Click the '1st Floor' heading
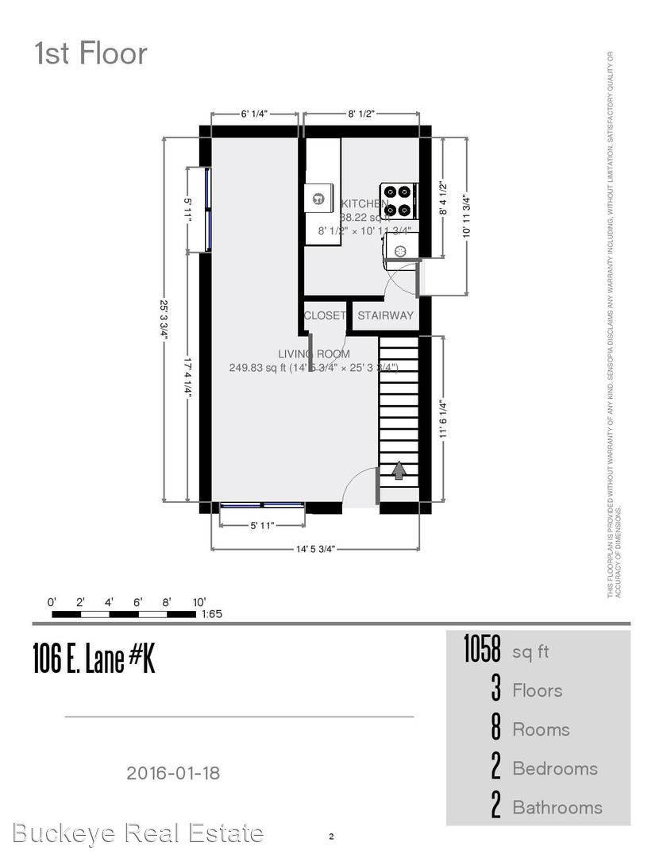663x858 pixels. click(x=91, y=54)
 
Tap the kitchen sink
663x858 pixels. click(x=318, y=199)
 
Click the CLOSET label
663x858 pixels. click(x=325, y=315)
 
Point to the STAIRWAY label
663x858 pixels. click(x=385, y=315)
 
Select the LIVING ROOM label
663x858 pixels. click(x=314, y=354)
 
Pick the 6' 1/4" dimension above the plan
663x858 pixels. click(x=254, y=114)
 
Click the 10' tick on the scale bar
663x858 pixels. click(x=199, y=601)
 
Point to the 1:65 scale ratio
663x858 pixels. click(x=212, y=614)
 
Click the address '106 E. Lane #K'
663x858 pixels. click(x=94, y=659)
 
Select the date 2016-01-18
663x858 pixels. click(x=173, y=772)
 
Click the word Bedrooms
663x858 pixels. click(x=555, y=768)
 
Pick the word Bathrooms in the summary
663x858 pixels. click(x=557, y=807)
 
